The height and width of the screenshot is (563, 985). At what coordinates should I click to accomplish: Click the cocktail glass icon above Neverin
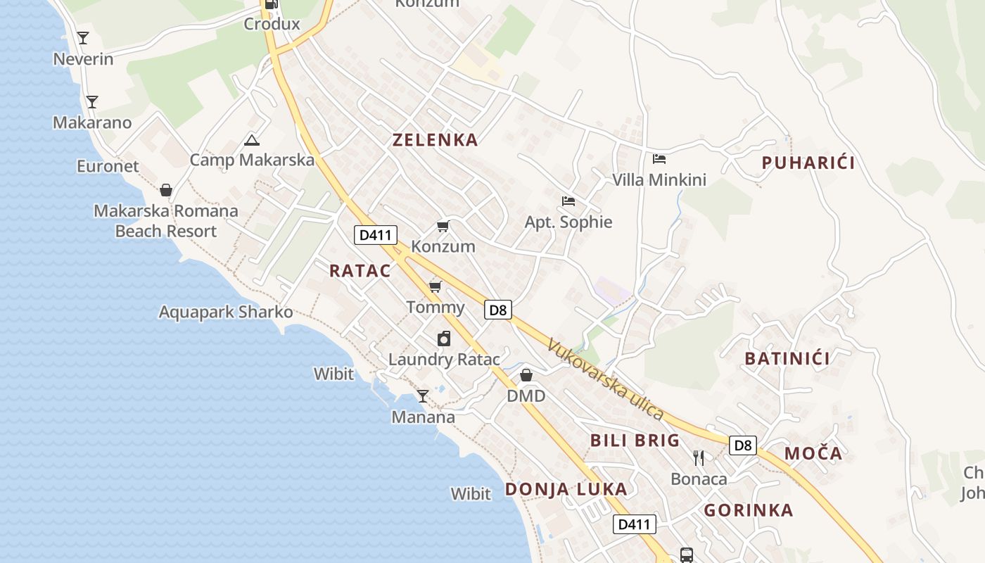click(x=83, y=38)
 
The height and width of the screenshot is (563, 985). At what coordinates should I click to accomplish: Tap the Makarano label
click(x=92, y=122)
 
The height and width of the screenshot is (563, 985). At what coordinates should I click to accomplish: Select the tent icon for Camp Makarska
click(x=252, y=140)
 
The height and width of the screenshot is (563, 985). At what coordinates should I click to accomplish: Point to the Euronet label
click(x=108, y=166)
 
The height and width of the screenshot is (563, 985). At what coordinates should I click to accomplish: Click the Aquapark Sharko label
click(x=226, y=312)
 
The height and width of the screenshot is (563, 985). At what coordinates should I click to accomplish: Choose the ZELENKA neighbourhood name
click(x=435, y=139)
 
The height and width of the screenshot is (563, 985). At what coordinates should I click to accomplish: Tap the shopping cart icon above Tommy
click(x=436, y=286)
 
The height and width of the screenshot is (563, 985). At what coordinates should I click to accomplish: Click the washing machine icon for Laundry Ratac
click(x=444, y=339)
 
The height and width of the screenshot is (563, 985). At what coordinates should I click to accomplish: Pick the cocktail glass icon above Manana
click(x=422, y=396)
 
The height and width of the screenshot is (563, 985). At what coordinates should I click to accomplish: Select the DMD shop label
click(x=526, y=396)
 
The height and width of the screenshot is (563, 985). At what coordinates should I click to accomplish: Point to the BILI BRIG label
click(x=635, y=441)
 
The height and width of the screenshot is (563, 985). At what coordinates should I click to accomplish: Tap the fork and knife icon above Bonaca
click(x=699, y=458)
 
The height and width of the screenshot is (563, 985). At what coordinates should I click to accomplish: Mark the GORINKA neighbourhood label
click(x=749, y=510)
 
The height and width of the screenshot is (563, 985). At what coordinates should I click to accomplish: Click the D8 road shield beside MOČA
click(x=742, y=445)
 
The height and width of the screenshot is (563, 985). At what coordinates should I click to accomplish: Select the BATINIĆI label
click(x=787, y=358)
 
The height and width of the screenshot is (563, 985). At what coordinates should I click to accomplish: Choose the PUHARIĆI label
click(x=808, y=163)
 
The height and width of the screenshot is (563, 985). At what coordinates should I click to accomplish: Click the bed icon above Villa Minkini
click(x=659, y=158)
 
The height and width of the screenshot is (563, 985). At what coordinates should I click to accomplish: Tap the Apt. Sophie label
click(x=568, y=222)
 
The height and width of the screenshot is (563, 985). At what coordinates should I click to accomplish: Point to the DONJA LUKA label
click(x=566, y=489)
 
